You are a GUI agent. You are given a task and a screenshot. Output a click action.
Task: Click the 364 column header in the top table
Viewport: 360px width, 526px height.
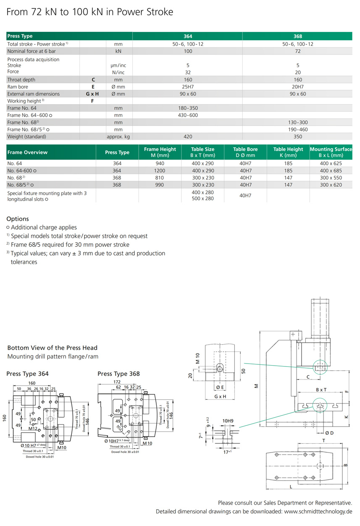coord(188,36)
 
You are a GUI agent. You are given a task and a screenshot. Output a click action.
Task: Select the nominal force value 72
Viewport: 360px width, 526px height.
coord(297,51)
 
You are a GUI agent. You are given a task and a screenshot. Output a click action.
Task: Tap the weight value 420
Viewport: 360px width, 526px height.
coord(188,137)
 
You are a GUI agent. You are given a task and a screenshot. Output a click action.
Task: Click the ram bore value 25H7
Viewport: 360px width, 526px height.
coord(188,87)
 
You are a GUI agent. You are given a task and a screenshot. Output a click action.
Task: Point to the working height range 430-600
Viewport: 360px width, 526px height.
coord(188,115)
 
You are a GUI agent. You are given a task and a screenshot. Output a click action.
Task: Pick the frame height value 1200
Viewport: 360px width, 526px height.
coord(160,171)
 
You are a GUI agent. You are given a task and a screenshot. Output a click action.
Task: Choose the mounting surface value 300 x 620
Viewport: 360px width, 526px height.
coord(331,185)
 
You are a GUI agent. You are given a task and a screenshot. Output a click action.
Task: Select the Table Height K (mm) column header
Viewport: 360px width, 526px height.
coord(288,152)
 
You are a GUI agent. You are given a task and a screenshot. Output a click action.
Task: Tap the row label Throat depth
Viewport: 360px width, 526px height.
coord(21,80)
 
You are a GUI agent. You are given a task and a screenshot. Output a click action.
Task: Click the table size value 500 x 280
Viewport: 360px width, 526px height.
coord(203,199)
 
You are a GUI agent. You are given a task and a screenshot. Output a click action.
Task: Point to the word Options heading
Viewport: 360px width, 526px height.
coord(18,219)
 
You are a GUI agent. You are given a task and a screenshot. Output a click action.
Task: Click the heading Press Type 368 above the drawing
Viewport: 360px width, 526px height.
coord(118,374)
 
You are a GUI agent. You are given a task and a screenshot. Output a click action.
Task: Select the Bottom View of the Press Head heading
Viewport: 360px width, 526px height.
coord(53,348)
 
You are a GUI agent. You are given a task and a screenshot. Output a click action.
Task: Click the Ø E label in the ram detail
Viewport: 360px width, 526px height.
coord(220,387)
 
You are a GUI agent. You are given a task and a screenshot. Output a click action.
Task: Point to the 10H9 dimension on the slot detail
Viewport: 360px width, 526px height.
coord(228,421)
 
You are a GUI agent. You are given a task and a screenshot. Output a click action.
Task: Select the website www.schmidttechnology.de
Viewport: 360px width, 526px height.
coord(318,511)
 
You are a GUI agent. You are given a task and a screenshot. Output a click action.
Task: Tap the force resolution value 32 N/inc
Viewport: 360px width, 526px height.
coord(188,72)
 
